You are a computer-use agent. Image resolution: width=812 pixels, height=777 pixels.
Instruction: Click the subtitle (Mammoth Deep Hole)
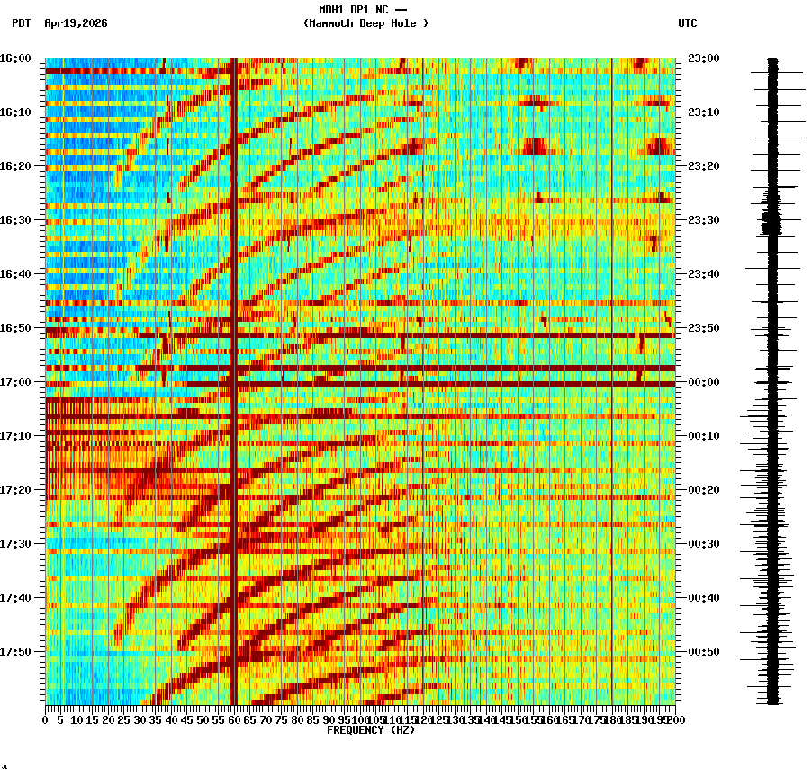click(365, 23)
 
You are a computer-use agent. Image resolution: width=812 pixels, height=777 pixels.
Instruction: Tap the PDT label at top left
click(22, 23)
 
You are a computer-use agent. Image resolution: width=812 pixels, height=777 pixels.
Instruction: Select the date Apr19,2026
click(76, 23)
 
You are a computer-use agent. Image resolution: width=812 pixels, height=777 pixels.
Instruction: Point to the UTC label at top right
click(687, 23)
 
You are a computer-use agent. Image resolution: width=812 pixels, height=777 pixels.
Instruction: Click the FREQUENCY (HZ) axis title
click(370, 730)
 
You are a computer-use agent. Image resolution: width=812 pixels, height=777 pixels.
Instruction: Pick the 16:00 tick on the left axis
click(15, 58)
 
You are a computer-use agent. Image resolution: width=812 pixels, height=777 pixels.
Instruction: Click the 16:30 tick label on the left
click(15, 220)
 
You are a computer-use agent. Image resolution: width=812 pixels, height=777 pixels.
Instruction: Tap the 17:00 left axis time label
click(15, 382)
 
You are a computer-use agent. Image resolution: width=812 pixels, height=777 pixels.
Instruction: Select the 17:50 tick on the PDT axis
click(15, 652)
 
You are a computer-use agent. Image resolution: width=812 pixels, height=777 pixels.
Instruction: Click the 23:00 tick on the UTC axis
click(703, 58)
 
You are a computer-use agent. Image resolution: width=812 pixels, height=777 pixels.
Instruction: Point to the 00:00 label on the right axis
click(703, 382)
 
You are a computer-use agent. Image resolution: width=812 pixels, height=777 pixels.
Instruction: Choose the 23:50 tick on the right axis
click(703, 328)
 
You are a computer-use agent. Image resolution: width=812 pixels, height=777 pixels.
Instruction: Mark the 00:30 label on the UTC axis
click(703, 544)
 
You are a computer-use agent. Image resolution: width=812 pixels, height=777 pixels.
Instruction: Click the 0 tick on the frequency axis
click(46, 719)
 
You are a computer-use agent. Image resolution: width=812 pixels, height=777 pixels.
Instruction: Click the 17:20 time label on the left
click(15, 490)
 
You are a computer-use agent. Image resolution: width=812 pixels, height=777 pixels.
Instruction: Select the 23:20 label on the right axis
click(703, 166)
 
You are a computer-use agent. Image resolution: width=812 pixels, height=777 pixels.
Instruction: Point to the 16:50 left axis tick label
click(15, 328)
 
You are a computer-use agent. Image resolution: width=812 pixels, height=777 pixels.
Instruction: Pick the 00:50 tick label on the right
click(703, 652)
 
